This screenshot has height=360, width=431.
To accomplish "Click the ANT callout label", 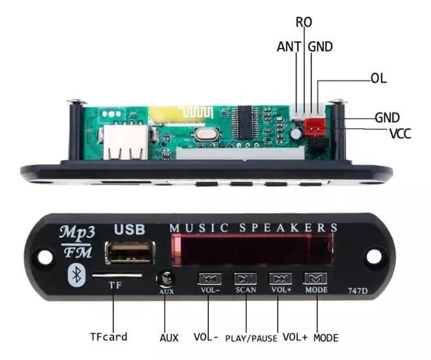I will pyautogui.click(x=288, y=46).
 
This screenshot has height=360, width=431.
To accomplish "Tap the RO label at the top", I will pyautogui.click(x=304, y=22).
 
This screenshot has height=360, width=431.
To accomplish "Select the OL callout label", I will pyautogui.click(x=378, y=78).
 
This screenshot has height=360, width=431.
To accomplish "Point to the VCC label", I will pyautogui.click(x=400, y=133).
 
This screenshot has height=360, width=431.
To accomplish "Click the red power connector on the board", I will pyautogui.click(x=316, y=127).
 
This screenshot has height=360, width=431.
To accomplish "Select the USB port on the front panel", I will pyautogui.click(x=131, y=253).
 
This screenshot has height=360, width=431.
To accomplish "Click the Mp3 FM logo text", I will pyautogui.click(x=76, y=240).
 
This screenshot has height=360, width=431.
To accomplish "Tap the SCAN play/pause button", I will pyautogui.click(x=245, y=278).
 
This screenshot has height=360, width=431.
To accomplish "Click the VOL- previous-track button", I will pyautogui.click(x=210, y=278).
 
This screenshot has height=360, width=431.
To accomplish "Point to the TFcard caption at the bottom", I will pyautogui.click(x=108, y=337).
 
